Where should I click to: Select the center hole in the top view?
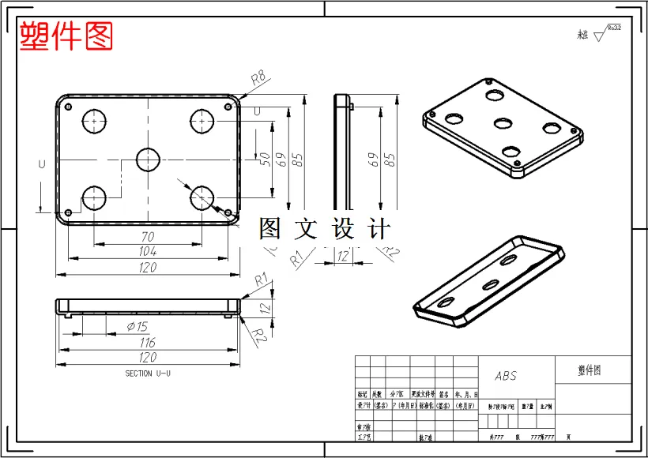(x=148, y=160)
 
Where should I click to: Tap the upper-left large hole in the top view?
(x=95, y=121)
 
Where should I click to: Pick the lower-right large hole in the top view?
(x=203, y=197)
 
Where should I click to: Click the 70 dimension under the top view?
(x=148, y=236)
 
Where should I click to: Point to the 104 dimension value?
(x=148, y=251)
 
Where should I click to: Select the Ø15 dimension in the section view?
(x=137, y=326)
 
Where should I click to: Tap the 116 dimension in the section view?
(x=148, y=343)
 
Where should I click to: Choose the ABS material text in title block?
(x=506, y=376)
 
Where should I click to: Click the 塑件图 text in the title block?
(x=590, y=370)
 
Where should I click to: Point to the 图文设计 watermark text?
(x=325, y=229)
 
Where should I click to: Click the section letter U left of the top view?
(x=41, y=163)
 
